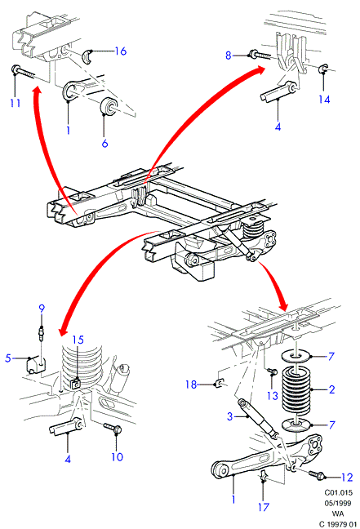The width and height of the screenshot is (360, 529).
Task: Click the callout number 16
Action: [x=121, y=51]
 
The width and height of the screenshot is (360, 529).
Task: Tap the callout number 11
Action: [x=16, y=103]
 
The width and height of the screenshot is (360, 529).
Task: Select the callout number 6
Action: [x=105, y=144]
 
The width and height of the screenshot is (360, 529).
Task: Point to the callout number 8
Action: [x=229, y=56]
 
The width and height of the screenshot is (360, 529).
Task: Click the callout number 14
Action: [x=324, y=100]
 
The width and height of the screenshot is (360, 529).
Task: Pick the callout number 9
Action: [x=42, y=308]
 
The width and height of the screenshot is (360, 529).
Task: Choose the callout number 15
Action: [x=78, y=340]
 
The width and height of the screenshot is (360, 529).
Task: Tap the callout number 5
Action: [x=8, y=358]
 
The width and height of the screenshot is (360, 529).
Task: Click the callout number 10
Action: [x=117, y=457]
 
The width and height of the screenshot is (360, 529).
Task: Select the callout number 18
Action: [x=191, y=385]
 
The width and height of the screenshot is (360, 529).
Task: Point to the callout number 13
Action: [x=273, y=395]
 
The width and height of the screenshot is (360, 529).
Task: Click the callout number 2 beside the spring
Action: [x=331, y=389]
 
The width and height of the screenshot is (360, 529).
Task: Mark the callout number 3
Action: [x=229, y=416]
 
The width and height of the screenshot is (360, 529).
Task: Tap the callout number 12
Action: [x=347, y=477]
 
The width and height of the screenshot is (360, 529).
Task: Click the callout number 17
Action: [x=264, y=507]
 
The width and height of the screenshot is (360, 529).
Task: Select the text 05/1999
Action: [x=338, y=503]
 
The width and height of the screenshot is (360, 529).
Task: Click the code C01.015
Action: [x=339, y=492]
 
